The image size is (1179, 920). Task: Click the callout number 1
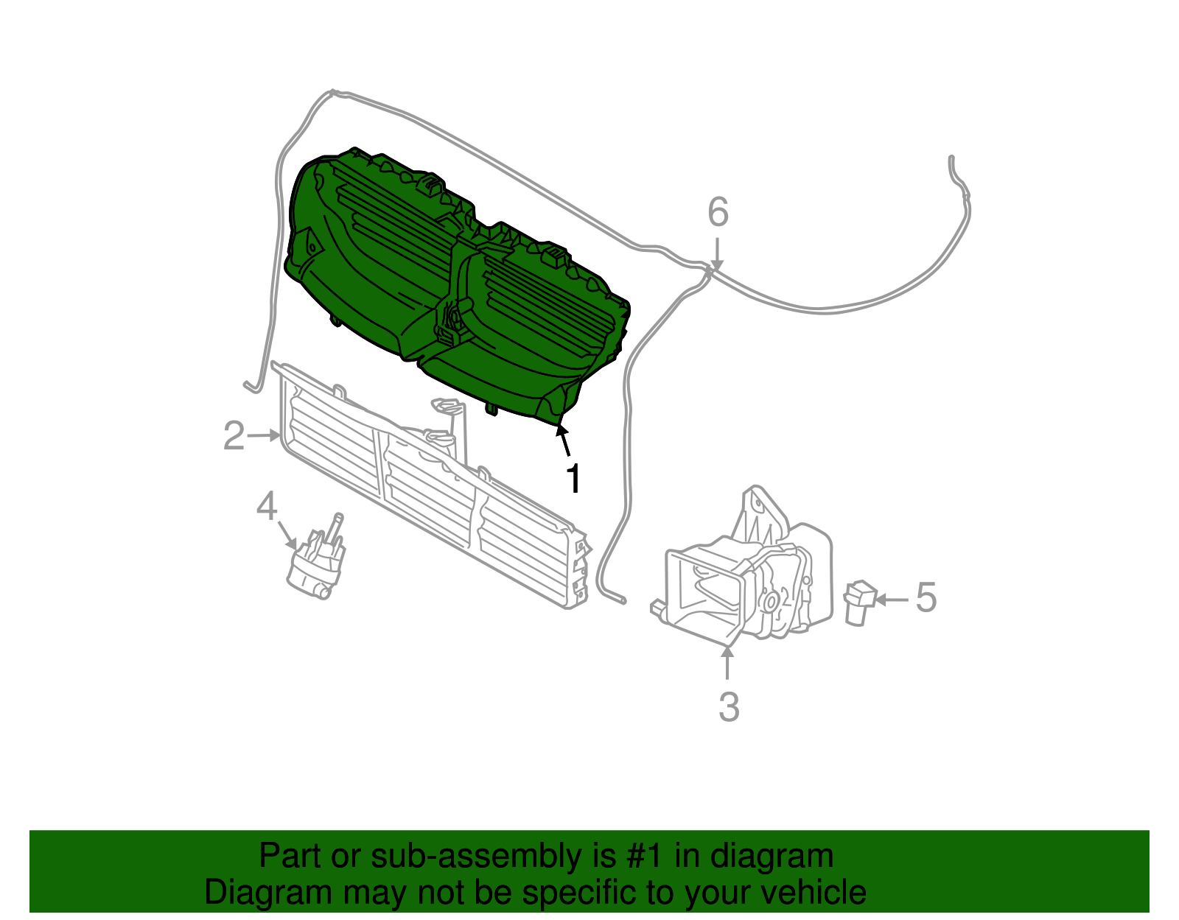click(x=573, y=479)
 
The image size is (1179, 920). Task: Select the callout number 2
click(x=234, y=436)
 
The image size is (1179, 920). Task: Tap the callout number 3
click(x=728, y=706)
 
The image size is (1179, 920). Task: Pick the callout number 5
click(x=926, y=597)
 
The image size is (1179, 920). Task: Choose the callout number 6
click(x=718, y=212)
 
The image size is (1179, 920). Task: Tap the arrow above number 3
click(x=727, y=662)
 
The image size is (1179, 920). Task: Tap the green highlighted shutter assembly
click(x=457, y=295)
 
